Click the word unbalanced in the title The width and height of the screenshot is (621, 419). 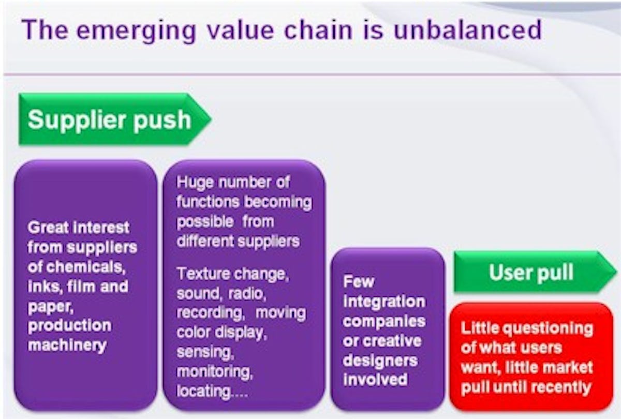click(467, 30)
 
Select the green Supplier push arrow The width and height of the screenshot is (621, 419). click(115, 119)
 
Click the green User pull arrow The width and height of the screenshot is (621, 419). click(535, 272)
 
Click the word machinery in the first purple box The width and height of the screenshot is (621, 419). click(67, 346)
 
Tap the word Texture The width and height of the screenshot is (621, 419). click(203, 274)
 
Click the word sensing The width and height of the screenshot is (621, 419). click(205, 352)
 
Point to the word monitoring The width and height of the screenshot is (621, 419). click(215, 372)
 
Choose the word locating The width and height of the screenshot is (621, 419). click(203, 392)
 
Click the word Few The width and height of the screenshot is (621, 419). click(359, 282)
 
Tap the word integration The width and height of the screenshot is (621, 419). click(384, 302)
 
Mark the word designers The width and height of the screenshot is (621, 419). click(380, 361)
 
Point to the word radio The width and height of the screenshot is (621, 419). click(247, 294)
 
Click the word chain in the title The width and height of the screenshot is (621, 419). click(318, 30)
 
